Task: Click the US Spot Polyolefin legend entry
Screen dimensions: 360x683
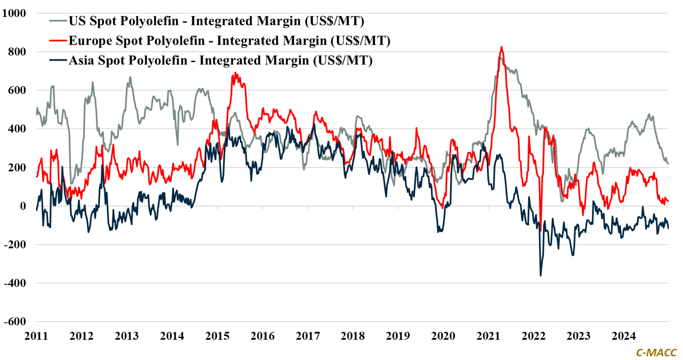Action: click(x=216, y=21)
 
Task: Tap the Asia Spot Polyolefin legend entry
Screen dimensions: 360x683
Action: click(x=220, y=61)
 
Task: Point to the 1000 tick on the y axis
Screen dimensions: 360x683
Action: click(x=14, y=13)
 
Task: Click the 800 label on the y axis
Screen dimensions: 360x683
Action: click(x=17, y=52)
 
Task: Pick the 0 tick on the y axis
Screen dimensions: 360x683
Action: click(x=23, y=206)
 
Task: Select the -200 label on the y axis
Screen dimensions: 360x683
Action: click(x=15, y=245)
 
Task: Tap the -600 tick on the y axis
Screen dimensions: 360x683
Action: click(x=15, y=321)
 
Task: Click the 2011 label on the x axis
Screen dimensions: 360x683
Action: click(x=36, y=336)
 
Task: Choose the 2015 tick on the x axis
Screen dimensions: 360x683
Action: click(x=217, y=336)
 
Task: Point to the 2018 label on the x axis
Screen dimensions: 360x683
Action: click(x=353, y=336)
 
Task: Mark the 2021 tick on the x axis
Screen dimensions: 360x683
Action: click(x=488, y=336)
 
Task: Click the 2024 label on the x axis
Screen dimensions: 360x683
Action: click(x=624, y=336)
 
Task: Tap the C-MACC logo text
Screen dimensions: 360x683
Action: click(x=656, y=353)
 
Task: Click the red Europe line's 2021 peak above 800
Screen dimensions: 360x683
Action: click(x=501, y=47)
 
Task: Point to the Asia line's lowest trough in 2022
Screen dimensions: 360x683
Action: click(x=541, y=275)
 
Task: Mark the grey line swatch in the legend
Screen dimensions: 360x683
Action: click(x=58, y=21)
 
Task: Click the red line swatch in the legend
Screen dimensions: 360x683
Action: click(x=58, y=41)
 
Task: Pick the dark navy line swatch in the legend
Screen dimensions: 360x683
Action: click(x=58, y=61)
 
